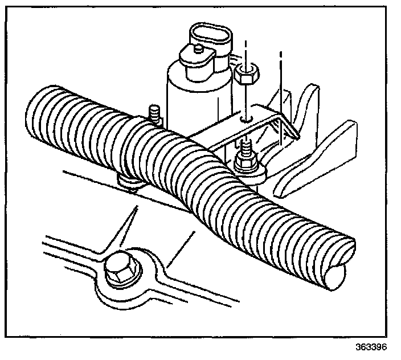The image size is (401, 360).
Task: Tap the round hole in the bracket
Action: (243, 118)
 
